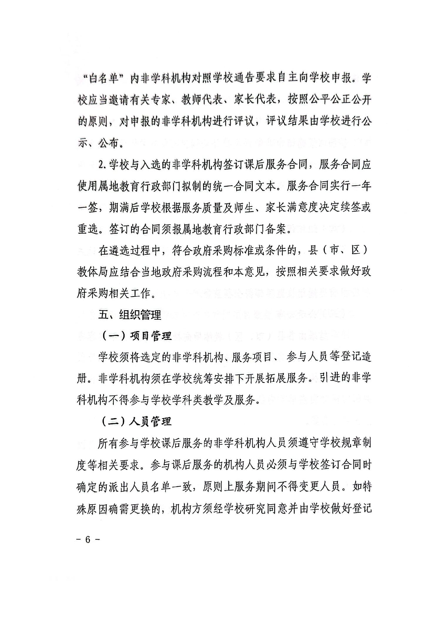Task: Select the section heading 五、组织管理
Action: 130,315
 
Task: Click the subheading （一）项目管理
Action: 136,336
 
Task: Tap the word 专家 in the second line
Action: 160,101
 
